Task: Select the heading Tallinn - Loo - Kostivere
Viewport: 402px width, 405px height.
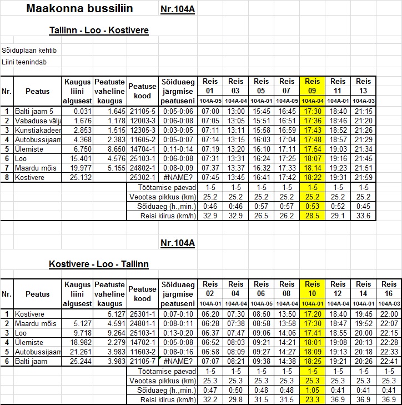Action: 99,30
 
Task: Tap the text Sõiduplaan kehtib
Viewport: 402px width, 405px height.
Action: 29,51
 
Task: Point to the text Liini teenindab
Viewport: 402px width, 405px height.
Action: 24,62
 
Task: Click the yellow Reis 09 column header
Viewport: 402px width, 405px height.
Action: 313,86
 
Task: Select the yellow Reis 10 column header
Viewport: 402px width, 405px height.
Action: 313,288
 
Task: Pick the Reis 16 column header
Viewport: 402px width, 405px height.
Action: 389,288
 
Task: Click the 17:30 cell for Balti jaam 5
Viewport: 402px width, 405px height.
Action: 313,112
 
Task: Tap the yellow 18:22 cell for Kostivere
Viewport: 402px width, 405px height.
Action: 313,177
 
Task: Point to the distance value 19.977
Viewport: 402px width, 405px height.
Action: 77,168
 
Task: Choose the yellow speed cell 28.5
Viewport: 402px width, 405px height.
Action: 313,215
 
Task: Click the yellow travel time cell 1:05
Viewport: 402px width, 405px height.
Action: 313,390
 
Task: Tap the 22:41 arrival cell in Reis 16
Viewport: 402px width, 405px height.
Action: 389,361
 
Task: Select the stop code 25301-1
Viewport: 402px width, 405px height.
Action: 143,314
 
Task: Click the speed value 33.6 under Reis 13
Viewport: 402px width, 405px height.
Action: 363,215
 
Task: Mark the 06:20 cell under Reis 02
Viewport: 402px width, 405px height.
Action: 211,314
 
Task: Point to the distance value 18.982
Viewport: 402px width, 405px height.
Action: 77,342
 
